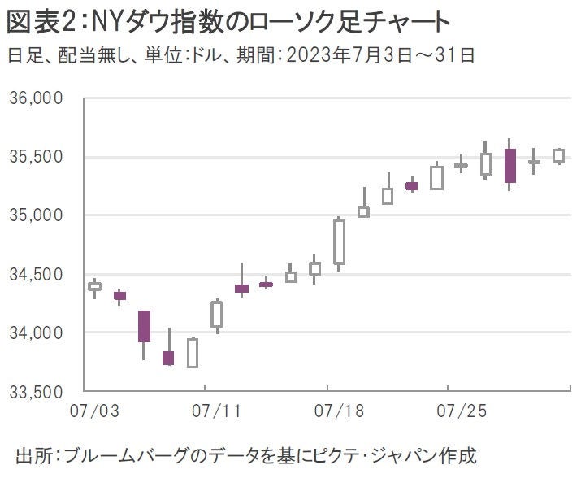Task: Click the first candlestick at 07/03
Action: click(x=94, y=286)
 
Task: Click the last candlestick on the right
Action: click(x=558, y=155)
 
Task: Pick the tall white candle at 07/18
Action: click(x=339, y=241)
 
